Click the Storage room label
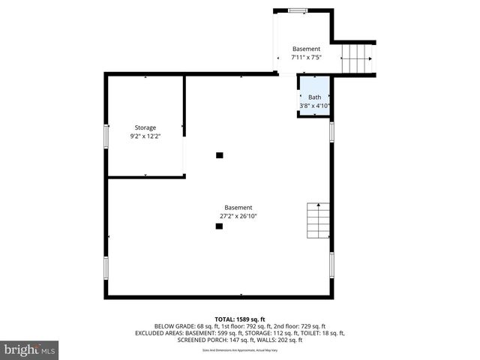tap(145, 127)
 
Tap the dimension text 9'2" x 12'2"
tap(145, 136)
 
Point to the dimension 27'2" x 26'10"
tap(238, 216)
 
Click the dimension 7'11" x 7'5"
tap(306, 58)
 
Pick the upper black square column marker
tap(220, 155)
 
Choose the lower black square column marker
tap(219, 226)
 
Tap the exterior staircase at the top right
tap(357, 58)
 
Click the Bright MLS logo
tap(30, 349)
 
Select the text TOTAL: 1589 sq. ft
tap(239, 318)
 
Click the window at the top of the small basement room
tap(298, 10)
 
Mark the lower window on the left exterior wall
tap(106, 267)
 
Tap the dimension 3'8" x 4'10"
tap(314, 106)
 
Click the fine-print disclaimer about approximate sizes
tap(239, 350)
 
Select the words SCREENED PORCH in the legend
tap(199, 340)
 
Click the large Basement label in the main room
tap(238, 207)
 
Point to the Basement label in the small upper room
tap(306, 49)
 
